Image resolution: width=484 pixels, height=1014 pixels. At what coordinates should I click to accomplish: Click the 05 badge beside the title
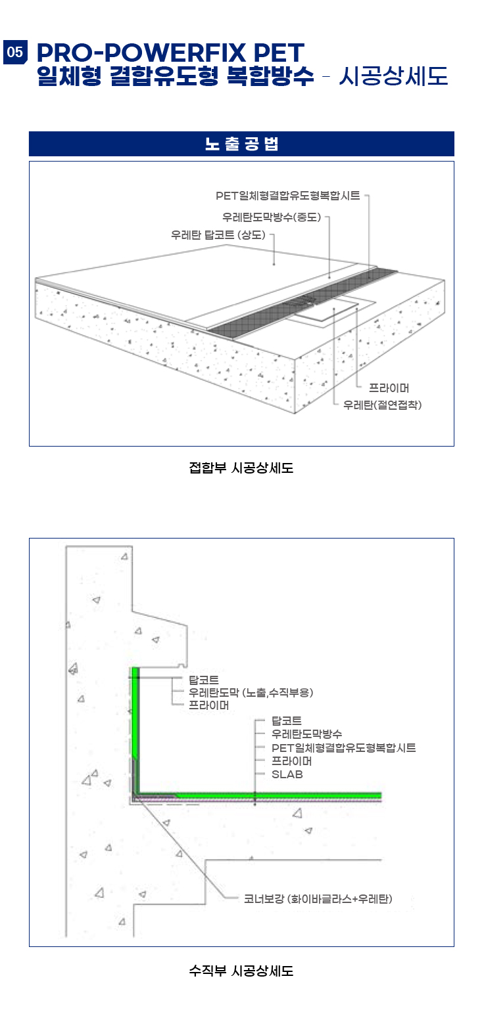[x=15, y=52]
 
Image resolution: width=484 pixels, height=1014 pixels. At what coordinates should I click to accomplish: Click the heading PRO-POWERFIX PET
[x=170, y=53]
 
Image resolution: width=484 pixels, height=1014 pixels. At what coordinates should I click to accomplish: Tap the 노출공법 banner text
[x=241, y=144]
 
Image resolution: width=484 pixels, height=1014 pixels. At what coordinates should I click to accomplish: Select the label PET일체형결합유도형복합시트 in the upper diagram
[x=288, y=196]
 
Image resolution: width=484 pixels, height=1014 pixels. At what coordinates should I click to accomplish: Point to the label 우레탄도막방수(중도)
[x=272, y=217]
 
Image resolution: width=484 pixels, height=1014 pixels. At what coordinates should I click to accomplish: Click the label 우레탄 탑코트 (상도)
[x=218, y=235]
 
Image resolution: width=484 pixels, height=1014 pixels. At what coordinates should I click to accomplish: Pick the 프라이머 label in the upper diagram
[x=389, y=388]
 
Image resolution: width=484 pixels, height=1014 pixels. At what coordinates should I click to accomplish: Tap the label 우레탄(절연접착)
[x=383, y=405]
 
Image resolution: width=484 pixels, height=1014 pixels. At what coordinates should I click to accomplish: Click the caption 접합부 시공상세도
[x=241, y=468]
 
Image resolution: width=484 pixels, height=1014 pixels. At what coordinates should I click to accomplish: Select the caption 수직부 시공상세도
[x=241, y=971]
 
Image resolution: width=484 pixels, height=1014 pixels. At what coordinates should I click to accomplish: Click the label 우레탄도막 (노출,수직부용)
[x=251, y=693]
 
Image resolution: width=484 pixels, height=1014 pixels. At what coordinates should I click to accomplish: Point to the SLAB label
[x=287, y=774]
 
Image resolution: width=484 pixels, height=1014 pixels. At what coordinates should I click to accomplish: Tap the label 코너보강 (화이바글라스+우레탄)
[x=318, y=898]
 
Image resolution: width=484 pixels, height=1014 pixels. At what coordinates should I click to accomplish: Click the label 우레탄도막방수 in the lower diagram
[x=307, y=734]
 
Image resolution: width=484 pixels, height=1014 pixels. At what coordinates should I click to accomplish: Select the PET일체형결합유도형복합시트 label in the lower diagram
[x=343, y=748]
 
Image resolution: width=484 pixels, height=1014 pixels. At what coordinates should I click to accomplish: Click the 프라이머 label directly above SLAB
[x=291, y=761]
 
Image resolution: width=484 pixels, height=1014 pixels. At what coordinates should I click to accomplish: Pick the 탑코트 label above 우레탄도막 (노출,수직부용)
[x=203, y=680]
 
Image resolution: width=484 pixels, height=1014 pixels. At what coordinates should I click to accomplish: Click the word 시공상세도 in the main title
[x=393, y=76]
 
